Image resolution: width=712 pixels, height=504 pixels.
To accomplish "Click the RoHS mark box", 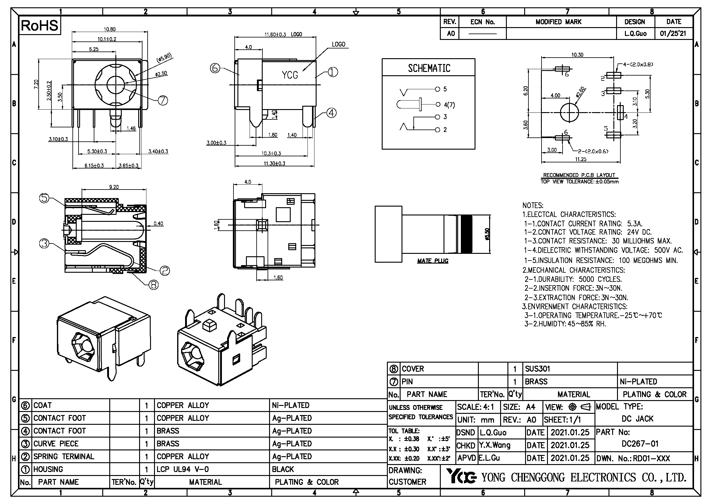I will click(40, 26).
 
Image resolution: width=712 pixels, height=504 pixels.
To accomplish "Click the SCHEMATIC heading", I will click(429, 68).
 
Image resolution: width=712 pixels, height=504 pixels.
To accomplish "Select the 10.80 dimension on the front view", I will click(110, 29).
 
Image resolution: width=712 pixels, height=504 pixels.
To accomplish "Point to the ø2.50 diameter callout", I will click(161, 73).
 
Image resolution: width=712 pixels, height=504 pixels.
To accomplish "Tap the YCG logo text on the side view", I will click(289, 75).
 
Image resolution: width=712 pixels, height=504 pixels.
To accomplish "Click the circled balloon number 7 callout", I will click(163, 100).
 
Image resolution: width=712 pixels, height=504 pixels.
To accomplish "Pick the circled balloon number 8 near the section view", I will click(153, 285).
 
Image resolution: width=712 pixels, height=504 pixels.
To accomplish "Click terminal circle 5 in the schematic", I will click(437, 89).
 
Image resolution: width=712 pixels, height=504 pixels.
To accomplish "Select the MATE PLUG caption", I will click(433, 261).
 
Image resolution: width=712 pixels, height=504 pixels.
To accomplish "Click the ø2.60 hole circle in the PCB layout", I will click(569, 112).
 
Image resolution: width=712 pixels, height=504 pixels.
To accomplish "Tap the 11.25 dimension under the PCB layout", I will click(580, 159).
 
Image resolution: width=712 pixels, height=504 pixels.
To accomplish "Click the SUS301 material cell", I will click(537, 369).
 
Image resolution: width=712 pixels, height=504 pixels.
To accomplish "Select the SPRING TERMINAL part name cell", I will click(64, 456).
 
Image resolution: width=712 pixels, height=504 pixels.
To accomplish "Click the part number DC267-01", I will click(640, 444).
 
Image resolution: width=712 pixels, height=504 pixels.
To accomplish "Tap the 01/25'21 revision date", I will click(673, 34).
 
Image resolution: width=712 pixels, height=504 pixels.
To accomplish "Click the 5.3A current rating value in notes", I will click(635, 223).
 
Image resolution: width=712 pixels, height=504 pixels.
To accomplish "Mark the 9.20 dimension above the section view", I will click(114, 187).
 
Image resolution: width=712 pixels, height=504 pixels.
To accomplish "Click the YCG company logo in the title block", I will click(461, 476).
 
